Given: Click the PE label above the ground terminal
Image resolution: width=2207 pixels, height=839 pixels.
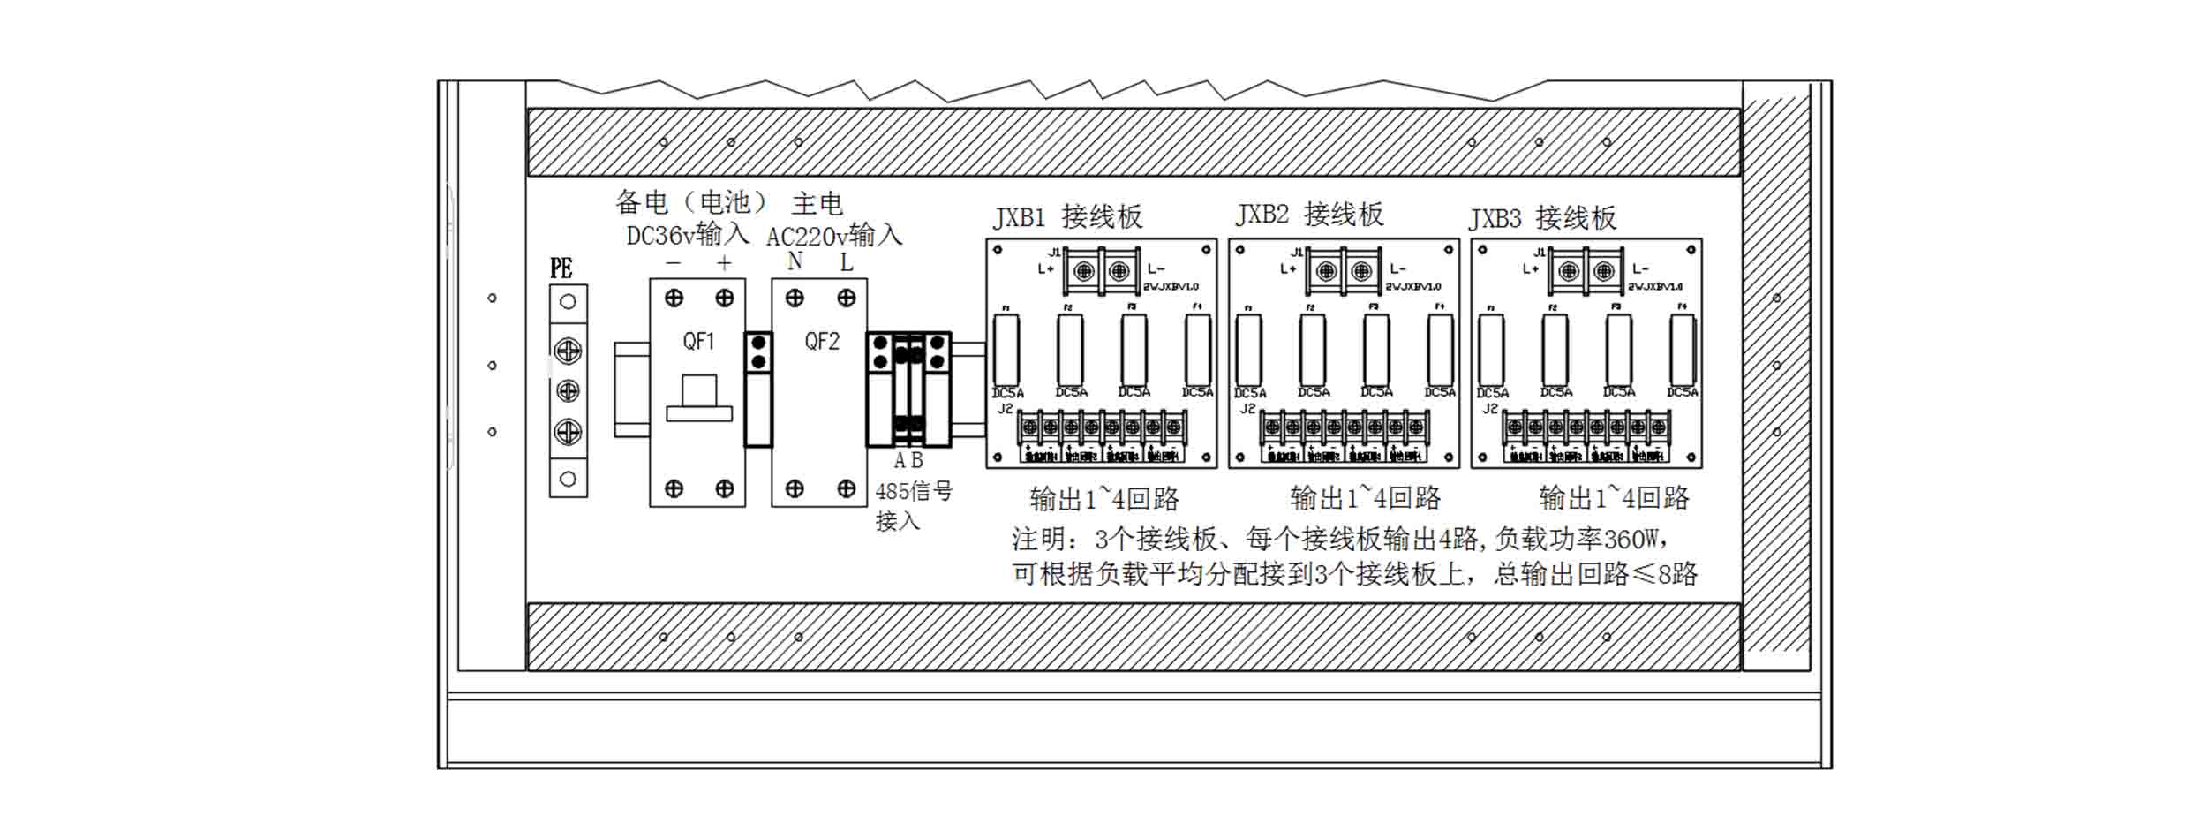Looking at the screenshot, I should click(561, 268).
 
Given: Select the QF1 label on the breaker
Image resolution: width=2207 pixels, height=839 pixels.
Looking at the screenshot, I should click(697, 341).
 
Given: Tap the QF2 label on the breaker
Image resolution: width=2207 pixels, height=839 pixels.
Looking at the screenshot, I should click(821, 341).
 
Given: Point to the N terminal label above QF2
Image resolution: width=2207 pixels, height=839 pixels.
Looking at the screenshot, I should click(795, 261).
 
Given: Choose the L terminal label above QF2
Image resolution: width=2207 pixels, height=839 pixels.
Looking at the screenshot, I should click(846, 262).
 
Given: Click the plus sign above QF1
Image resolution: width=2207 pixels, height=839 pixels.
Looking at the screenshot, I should click(725, 262).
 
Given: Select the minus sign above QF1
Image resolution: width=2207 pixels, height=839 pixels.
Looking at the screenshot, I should click(674, 262).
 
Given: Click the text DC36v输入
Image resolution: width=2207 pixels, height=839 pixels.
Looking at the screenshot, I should click(688, 234).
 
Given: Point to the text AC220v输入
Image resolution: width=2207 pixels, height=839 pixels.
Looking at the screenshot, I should click(834, 236).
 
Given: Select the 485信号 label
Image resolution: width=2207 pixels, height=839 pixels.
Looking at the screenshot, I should click(914, 491).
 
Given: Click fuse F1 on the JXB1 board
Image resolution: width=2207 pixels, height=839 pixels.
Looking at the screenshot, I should click(1006, 350).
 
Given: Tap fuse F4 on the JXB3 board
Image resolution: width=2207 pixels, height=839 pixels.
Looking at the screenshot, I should click(1683, 350).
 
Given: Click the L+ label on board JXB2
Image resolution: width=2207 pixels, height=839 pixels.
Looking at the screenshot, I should click(1288, 268).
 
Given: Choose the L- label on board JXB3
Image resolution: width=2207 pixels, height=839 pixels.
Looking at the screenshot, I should click(1640, 268).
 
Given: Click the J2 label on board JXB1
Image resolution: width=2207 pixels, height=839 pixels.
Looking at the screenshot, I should click(1006, 409).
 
